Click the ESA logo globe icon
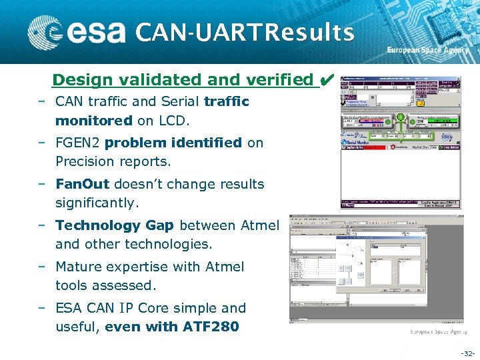[x=45, y=31]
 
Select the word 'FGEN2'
[x=78, y=143]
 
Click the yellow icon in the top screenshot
[x=421, y=103]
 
